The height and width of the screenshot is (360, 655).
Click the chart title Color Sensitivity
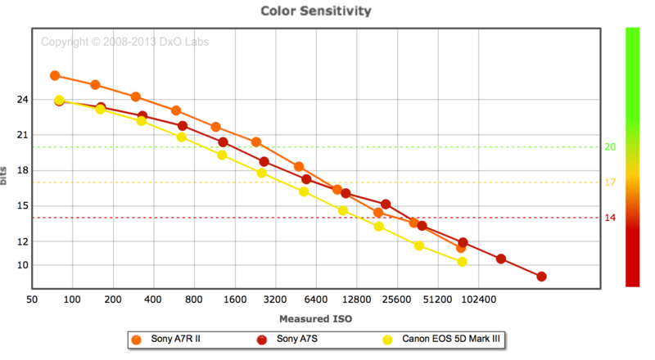pos(315,11)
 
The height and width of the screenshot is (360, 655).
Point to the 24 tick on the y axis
pos(21,100)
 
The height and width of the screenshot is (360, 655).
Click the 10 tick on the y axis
pos(21,265)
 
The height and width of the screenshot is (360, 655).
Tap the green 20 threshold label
pos(609,147)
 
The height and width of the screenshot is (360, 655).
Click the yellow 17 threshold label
pos(609,182)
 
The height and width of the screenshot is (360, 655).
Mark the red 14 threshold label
pos(609,218)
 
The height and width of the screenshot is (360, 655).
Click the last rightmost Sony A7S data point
pos(541,277)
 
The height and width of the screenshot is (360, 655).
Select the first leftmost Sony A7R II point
pos(55,75)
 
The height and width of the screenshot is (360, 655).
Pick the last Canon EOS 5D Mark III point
pos(462,262)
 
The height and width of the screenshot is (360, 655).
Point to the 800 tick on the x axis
pos(194,299)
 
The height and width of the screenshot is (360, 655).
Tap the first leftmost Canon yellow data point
pos(59,101)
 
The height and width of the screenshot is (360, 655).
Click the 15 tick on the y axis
pos(21,206)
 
